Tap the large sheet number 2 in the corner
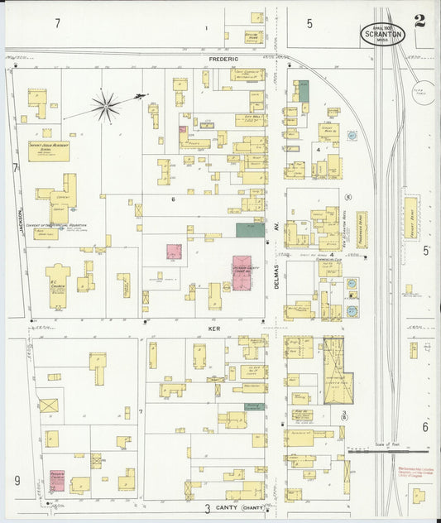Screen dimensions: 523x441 420,21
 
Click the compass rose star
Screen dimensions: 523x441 106,105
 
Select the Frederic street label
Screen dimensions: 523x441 223,59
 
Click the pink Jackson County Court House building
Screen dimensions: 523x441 242,273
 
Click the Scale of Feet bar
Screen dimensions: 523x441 388,452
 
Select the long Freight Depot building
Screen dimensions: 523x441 411,218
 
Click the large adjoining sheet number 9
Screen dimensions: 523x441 16,479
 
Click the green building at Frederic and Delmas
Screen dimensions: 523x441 303,91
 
